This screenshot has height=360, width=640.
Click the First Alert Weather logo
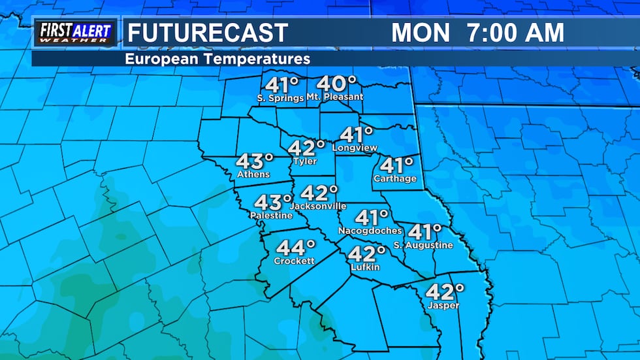(x=75, y=33)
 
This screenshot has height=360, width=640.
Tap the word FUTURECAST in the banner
(x=206, y=33)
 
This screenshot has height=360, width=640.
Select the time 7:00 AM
(x=516, y=33)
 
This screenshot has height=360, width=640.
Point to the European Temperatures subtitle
(x=217, y=59)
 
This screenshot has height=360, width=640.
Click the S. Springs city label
(x=280, y=98)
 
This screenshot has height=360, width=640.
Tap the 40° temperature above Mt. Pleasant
(x=337, y=84)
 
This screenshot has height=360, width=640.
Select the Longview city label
(x=355, y=148)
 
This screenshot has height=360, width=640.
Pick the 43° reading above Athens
(x=254, y=161)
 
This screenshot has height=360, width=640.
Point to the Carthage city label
(x=394, y=178)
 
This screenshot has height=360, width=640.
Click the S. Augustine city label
(x=423, y=245)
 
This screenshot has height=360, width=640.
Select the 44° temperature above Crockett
(x=296, y=248)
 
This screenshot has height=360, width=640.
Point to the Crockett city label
(x=295, y=261)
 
